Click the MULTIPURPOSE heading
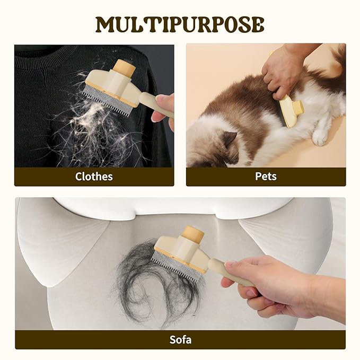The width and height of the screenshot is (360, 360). click(180, 24)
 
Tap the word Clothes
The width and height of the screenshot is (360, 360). click(94, 177)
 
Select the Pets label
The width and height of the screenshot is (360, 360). click(266, 177)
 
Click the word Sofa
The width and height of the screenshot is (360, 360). click(180, 339)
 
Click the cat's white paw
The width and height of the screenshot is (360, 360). click(320, 137)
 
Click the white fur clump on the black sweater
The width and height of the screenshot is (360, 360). click(92, 115)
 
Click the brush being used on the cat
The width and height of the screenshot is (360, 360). click(291, 111)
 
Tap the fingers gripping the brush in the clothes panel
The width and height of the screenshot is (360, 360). click(163, 108)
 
